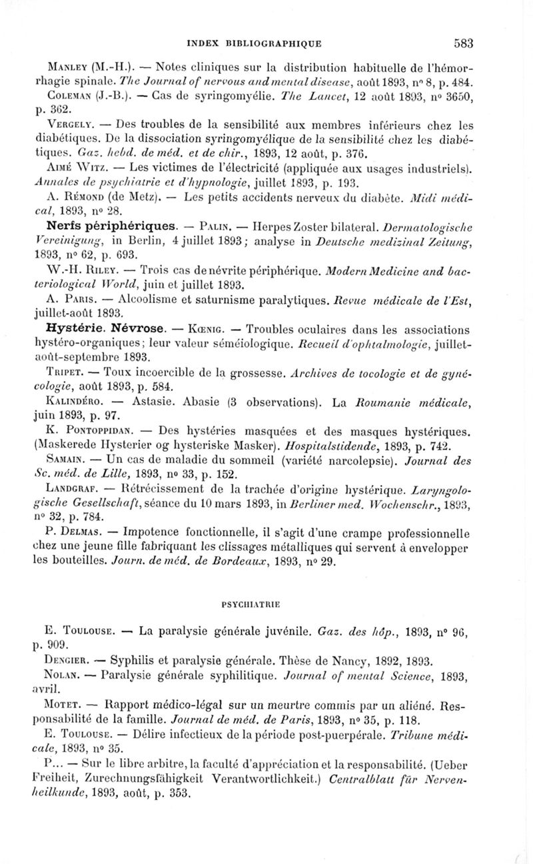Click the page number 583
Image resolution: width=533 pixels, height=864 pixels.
463,43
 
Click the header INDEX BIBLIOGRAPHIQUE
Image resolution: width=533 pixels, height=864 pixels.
265,43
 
